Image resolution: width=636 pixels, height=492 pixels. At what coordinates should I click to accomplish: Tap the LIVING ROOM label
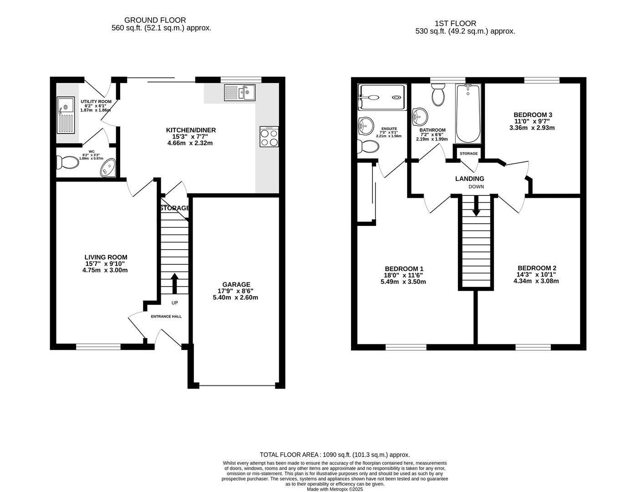(106, 257)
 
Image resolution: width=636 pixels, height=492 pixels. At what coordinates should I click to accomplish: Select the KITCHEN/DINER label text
(190, 130)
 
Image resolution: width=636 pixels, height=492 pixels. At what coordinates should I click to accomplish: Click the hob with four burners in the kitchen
(269, 137)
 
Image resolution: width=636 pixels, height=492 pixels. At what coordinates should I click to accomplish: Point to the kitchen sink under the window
(239, 93)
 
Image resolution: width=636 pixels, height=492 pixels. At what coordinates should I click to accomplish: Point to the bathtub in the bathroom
(468, 114)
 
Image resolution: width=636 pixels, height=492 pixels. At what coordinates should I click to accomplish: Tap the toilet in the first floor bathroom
(438, 95)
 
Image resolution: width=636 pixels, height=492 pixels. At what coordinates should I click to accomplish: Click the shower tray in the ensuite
(381, 97)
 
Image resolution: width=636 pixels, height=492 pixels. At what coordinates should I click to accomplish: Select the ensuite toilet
(368, 147)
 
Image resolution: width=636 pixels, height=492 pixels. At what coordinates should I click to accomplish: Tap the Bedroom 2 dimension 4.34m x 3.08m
(537, 281)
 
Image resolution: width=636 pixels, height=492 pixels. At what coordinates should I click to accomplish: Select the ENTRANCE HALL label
(166, 316)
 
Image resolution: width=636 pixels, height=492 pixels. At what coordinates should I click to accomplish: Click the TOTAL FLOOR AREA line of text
(335, 455)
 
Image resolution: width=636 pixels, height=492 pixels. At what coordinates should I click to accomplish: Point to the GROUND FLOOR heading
(155, 20)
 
